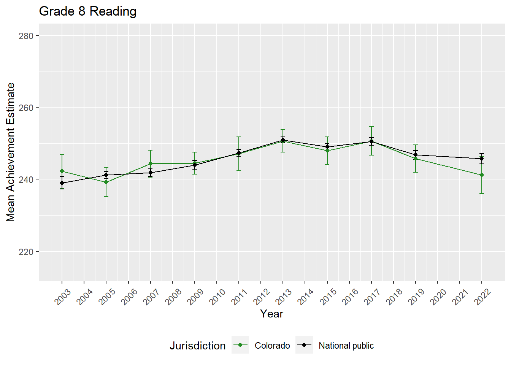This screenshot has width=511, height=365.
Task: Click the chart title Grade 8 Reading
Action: pos(87,11)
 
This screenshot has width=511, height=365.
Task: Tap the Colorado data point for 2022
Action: pos(482,175)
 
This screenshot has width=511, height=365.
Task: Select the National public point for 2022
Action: pos(482,159)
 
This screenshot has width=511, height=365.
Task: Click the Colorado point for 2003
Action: pos(62,171)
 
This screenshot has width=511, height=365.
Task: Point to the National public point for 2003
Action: pos(62,183)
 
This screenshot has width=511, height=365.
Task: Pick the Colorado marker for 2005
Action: pos(106,182)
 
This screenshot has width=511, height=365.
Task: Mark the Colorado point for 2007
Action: pos(151,163)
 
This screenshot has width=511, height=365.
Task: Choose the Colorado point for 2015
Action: pos(327,151)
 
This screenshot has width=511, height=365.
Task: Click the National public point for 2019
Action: pos(416,155)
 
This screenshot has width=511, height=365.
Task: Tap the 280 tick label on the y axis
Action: pos(26,36)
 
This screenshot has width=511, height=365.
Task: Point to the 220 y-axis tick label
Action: pos(26,252)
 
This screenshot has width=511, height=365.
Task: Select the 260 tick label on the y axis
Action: pos(26,108)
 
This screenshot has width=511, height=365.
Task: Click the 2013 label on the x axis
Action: pos(284,297)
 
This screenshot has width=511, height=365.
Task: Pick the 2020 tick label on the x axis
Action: pos(438,297)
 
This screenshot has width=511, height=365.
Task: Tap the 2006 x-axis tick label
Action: pos(129,297)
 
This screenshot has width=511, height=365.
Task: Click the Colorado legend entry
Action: pos(272,346)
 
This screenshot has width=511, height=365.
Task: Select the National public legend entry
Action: pos(346,346)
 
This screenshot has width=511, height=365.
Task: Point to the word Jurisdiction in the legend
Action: pos(197,346)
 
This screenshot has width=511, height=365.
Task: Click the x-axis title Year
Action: pos(271,314)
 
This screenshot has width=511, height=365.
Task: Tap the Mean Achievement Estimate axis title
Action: pos(11,152)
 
